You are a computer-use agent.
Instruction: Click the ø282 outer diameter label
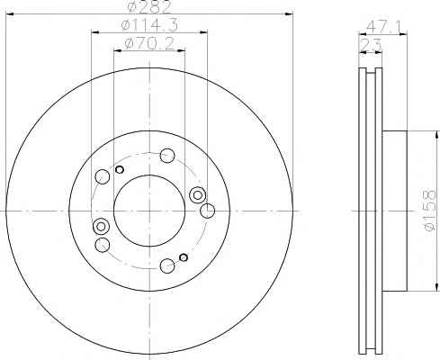click(149, 7)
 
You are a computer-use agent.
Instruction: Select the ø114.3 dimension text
click(149, 25)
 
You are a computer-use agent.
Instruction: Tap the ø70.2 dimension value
click(149, 44)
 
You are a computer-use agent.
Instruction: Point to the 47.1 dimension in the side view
click(382, 28)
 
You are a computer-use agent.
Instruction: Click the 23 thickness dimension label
click(371, 45)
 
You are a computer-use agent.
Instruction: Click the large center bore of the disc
click(149, 211)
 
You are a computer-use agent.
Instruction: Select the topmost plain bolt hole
click(167, 156)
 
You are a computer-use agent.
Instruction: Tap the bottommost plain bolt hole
click(167, 265)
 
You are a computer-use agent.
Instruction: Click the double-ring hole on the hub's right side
click(197, 195)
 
